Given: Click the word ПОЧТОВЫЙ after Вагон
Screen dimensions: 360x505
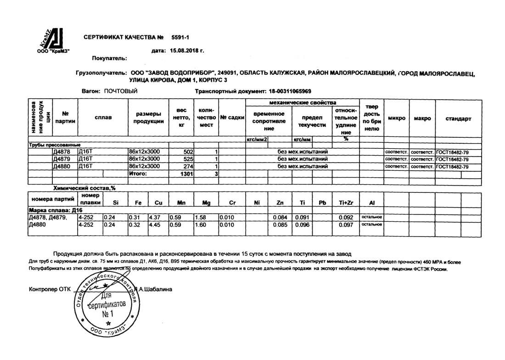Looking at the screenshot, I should click(121, 91).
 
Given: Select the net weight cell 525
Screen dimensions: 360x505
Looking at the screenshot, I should click(189, 159).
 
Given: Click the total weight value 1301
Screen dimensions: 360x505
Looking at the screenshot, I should click(188, 174).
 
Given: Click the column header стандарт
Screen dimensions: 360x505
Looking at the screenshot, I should click(458, 119).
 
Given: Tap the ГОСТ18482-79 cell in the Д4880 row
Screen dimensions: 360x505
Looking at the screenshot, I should click(452, 166).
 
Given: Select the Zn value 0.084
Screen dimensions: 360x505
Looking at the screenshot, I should click(280, 217).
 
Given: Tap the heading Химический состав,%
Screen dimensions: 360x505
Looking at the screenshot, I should click(84, 188).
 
